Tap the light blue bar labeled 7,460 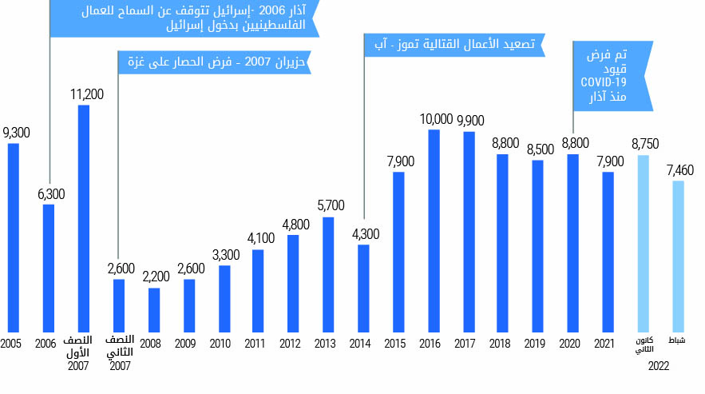[678, 256]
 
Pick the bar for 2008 [154, 309]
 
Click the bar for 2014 [363, 288]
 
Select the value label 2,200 [156, 277]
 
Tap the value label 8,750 [644, 145]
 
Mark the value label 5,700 [330, 205]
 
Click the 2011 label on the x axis [255, 344]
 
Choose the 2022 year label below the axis [659, 365]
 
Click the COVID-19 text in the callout [603, 82]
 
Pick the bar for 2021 [608, 252]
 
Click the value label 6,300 [50, 193]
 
